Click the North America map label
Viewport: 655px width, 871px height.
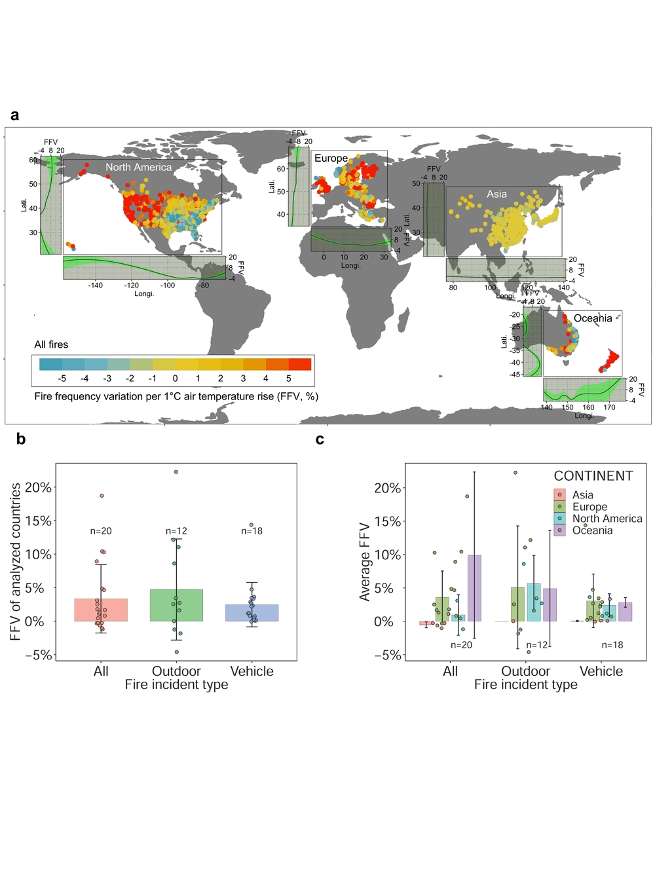coord(138,168)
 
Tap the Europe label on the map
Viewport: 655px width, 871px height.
coord(331,158)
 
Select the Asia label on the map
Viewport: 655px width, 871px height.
coord(496,194)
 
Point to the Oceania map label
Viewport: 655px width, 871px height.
coord(593,318)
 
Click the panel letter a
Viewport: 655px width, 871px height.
coord(14,115)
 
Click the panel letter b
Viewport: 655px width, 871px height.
coord(21,439)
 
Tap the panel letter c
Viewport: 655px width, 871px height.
coord(320,439)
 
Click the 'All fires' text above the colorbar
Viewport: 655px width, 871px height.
coord(51,344)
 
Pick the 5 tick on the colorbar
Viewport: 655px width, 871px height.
coord(288,379)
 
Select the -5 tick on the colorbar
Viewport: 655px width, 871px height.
coord(62,379)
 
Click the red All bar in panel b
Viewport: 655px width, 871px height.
coord(101,610)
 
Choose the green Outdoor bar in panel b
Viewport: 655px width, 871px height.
coord(176,605)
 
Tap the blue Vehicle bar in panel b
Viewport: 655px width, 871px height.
coord(252,613)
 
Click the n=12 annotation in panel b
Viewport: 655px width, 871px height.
coord(176,531)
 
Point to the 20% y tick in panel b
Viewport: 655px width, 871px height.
coord(38,488)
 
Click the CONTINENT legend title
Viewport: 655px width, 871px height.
coord(593,476)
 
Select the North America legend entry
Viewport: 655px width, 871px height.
coord(607,519)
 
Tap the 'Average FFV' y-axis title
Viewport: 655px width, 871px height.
coord(365,562)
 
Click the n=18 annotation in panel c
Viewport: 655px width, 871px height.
coord(612,645)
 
